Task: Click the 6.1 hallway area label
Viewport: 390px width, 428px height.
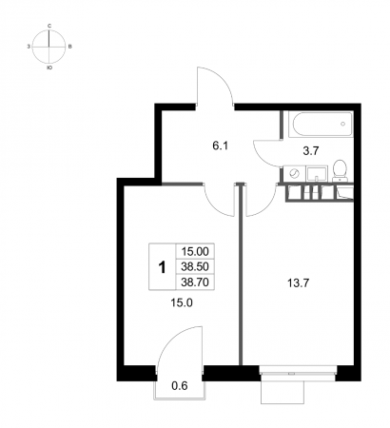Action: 221,146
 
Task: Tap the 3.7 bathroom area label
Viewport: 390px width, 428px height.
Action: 310,151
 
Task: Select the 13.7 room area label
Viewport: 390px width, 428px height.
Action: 298,282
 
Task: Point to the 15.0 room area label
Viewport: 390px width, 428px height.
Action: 182,303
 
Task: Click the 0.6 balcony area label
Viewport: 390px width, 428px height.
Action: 180,386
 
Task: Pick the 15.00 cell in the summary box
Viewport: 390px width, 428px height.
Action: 195,251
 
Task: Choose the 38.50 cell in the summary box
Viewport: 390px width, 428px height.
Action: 195,266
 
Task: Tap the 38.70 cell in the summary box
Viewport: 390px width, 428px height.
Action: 195,282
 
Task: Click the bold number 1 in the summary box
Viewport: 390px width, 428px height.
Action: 162,267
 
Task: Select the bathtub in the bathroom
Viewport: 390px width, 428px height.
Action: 321,124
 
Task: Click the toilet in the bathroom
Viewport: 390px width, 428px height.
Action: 340,170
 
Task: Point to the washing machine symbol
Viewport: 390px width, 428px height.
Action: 295,174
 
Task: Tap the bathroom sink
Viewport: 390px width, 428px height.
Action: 317,174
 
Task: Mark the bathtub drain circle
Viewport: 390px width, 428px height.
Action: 342,124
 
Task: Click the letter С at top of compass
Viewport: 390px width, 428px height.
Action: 49,26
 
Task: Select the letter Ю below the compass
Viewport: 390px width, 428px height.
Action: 49,68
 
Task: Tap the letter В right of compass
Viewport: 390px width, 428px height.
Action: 70,47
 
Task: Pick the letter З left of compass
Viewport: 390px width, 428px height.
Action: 29,47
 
